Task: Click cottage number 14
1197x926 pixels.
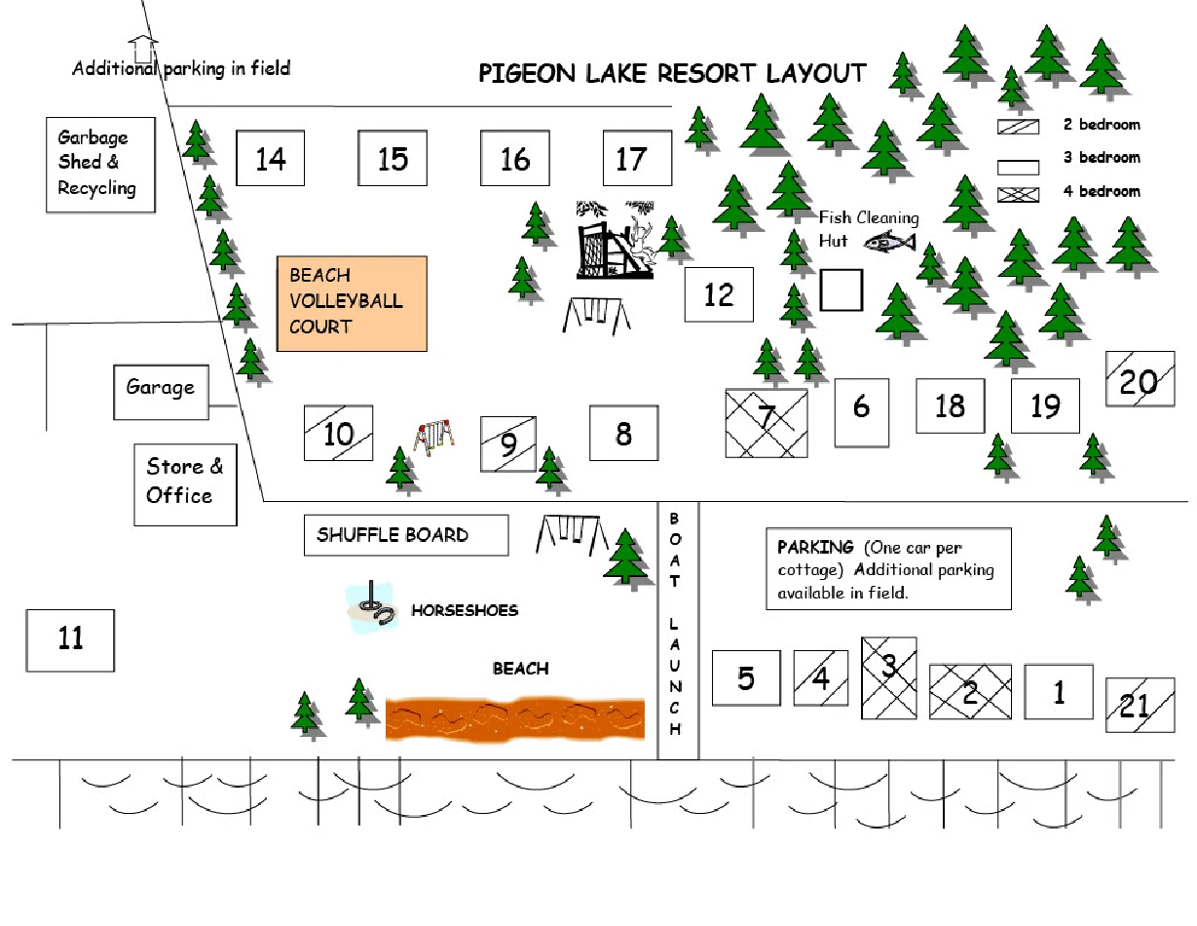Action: click(x=271, y=158)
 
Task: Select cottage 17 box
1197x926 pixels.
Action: click(x=637, y=158)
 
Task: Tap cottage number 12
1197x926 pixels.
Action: click(x=719, y=294)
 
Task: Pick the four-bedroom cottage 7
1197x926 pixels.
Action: click(x=767, y=422)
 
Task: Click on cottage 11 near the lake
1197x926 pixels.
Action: click(x=70, y=640)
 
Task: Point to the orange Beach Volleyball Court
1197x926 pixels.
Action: click(x=352, y=303)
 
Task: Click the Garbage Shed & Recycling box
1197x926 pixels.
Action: click(x=100, y=165)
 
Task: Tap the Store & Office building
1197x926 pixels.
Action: click(x=185, y=483)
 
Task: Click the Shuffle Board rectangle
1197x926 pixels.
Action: click(x=405, y=535)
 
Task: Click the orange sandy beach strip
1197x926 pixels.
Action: click(x=515, y=718)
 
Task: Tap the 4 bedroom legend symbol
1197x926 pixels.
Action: click(x=1018, y=193)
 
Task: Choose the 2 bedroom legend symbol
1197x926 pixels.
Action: click(x=1018, y=127)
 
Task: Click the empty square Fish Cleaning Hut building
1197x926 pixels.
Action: click(x=842, y=290)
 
